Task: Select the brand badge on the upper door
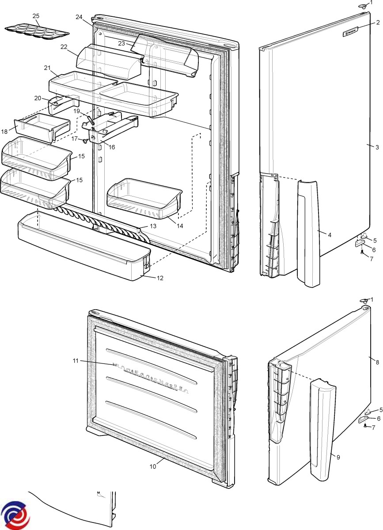(354, 31)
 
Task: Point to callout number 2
(378, 22)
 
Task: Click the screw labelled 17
(84, 141)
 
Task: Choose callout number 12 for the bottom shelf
(159, 278)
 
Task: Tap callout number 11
(76, 361)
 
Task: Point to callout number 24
(79, 17)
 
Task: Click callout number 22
(64, 47)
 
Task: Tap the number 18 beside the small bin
(5, 131)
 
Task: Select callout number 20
(38, 98)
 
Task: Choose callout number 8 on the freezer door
(377, 362)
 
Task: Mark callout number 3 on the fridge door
(377, 148)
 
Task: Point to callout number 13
(153, 226)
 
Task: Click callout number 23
(121, 43)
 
